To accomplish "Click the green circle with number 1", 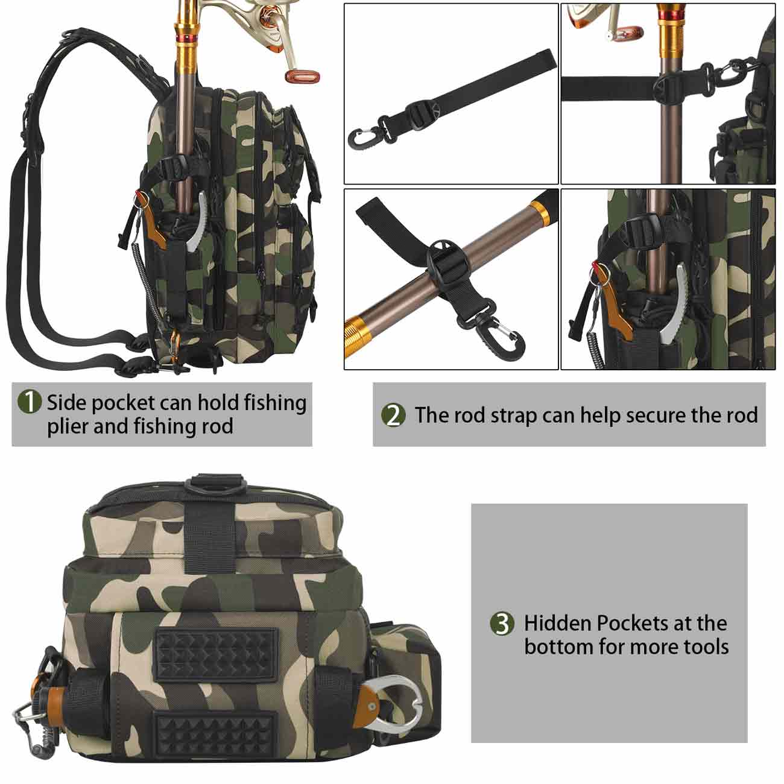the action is point(30,402).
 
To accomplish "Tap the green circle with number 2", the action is point(393,416).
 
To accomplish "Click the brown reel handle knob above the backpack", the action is point(302,76).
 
